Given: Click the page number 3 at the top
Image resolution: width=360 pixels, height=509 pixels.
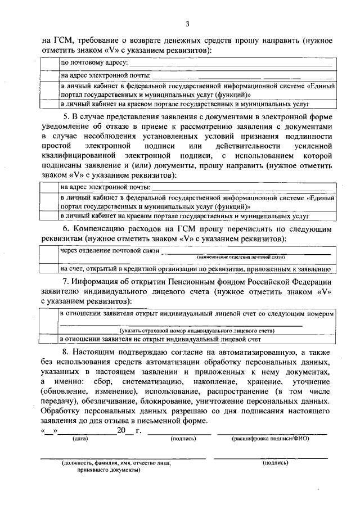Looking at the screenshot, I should pos(188,24).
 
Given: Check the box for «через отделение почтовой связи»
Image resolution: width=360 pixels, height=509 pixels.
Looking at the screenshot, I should pos(50,254).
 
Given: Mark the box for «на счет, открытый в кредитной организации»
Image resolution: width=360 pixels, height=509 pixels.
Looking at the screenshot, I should pos(50,268).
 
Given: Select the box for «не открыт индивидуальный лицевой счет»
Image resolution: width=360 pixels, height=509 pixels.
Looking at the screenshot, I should pos(50,339).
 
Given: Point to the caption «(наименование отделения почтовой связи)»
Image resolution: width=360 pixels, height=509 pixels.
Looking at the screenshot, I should pos(241,257).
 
